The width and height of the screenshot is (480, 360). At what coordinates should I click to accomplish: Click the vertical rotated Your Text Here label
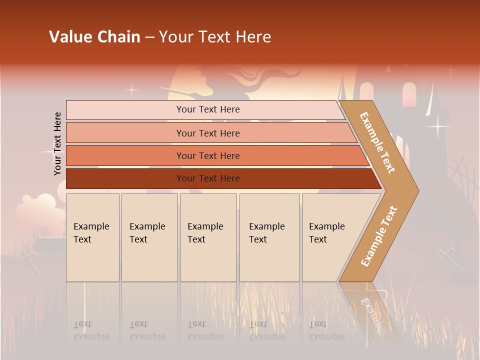57,144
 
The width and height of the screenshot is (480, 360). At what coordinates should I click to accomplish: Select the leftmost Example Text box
92,237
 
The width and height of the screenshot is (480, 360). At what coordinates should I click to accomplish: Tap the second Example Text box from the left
149,237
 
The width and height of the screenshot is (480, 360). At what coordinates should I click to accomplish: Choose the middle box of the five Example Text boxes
208,237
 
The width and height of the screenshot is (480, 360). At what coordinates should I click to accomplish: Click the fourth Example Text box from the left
269,237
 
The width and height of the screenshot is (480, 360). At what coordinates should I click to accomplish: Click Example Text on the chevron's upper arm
377,142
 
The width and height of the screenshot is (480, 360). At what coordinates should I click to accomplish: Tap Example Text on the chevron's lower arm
378,236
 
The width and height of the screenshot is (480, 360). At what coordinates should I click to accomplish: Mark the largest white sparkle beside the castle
438,127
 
